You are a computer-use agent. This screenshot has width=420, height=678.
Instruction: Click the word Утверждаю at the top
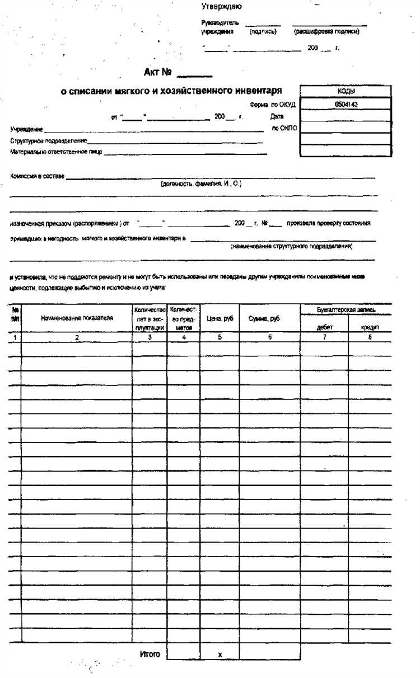221,7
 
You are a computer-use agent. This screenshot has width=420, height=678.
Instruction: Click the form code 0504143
346,104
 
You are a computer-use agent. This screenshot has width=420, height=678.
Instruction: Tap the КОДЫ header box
346,91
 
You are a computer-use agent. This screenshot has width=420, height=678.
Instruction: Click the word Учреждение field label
27,129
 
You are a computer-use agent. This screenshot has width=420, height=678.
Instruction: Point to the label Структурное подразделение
48,141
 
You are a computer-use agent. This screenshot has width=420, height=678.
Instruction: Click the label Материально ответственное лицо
56,152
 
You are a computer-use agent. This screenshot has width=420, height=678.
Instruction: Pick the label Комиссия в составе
37,176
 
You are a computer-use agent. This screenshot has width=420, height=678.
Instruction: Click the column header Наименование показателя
77,318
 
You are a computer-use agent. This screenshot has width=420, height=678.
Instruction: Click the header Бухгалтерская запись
346,309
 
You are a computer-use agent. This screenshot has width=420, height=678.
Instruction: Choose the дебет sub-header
324,327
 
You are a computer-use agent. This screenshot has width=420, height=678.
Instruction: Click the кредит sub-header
371,327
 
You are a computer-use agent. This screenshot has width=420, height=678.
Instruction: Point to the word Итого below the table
150,654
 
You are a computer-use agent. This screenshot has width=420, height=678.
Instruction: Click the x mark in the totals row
220,655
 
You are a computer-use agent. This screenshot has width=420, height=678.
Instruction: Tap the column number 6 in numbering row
269,337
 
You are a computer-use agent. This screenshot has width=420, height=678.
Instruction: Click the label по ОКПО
284,128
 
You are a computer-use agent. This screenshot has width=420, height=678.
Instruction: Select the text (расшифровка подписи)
326,32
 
